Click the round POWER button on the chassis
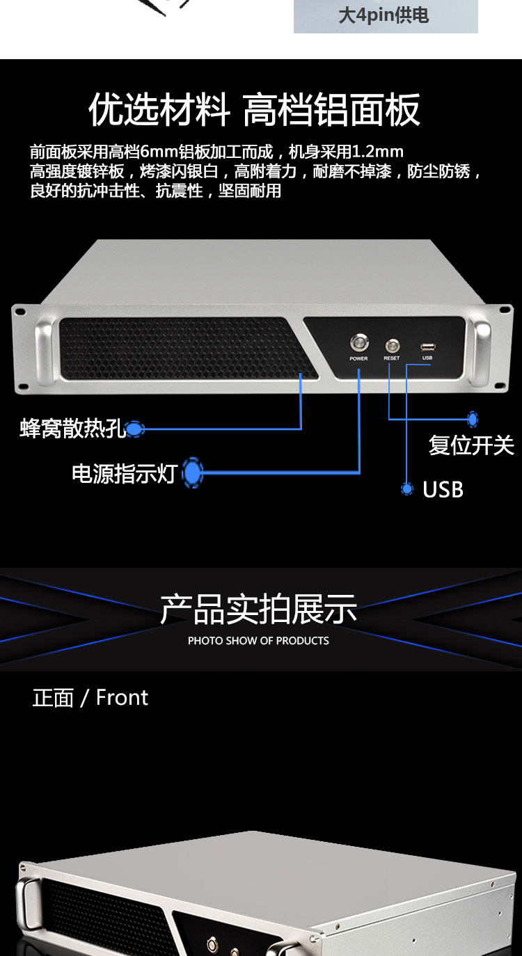(x=358, y=344)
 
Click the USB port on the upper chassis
(x=427, y=346)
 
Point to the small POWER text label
(x=358, y=358)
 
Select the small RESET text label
(x=392, y=358)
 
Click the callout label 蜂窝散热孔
(x=72, y=429)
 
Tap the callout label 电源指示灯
(x=124, y=474)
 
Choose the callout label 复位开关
(x=471, y=445)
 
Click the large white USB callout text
(x=443, y=490)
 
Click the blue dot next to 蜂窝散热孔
(x=135, y=429)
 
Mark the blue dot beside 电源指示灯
(x=192, y=473)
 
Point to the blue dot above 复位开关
(x=473, y=419)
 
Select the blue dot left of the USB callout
(x=407, y=489)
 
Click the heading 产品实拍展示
(x=259, y=610)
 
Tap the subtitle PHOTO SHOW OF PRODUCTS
(x=258, y=640)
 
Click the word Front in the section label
(x=122, y=698)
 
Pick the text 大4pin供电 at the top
(x=383, y=15)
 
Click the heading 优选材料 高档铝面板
(x=255, y=110)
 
